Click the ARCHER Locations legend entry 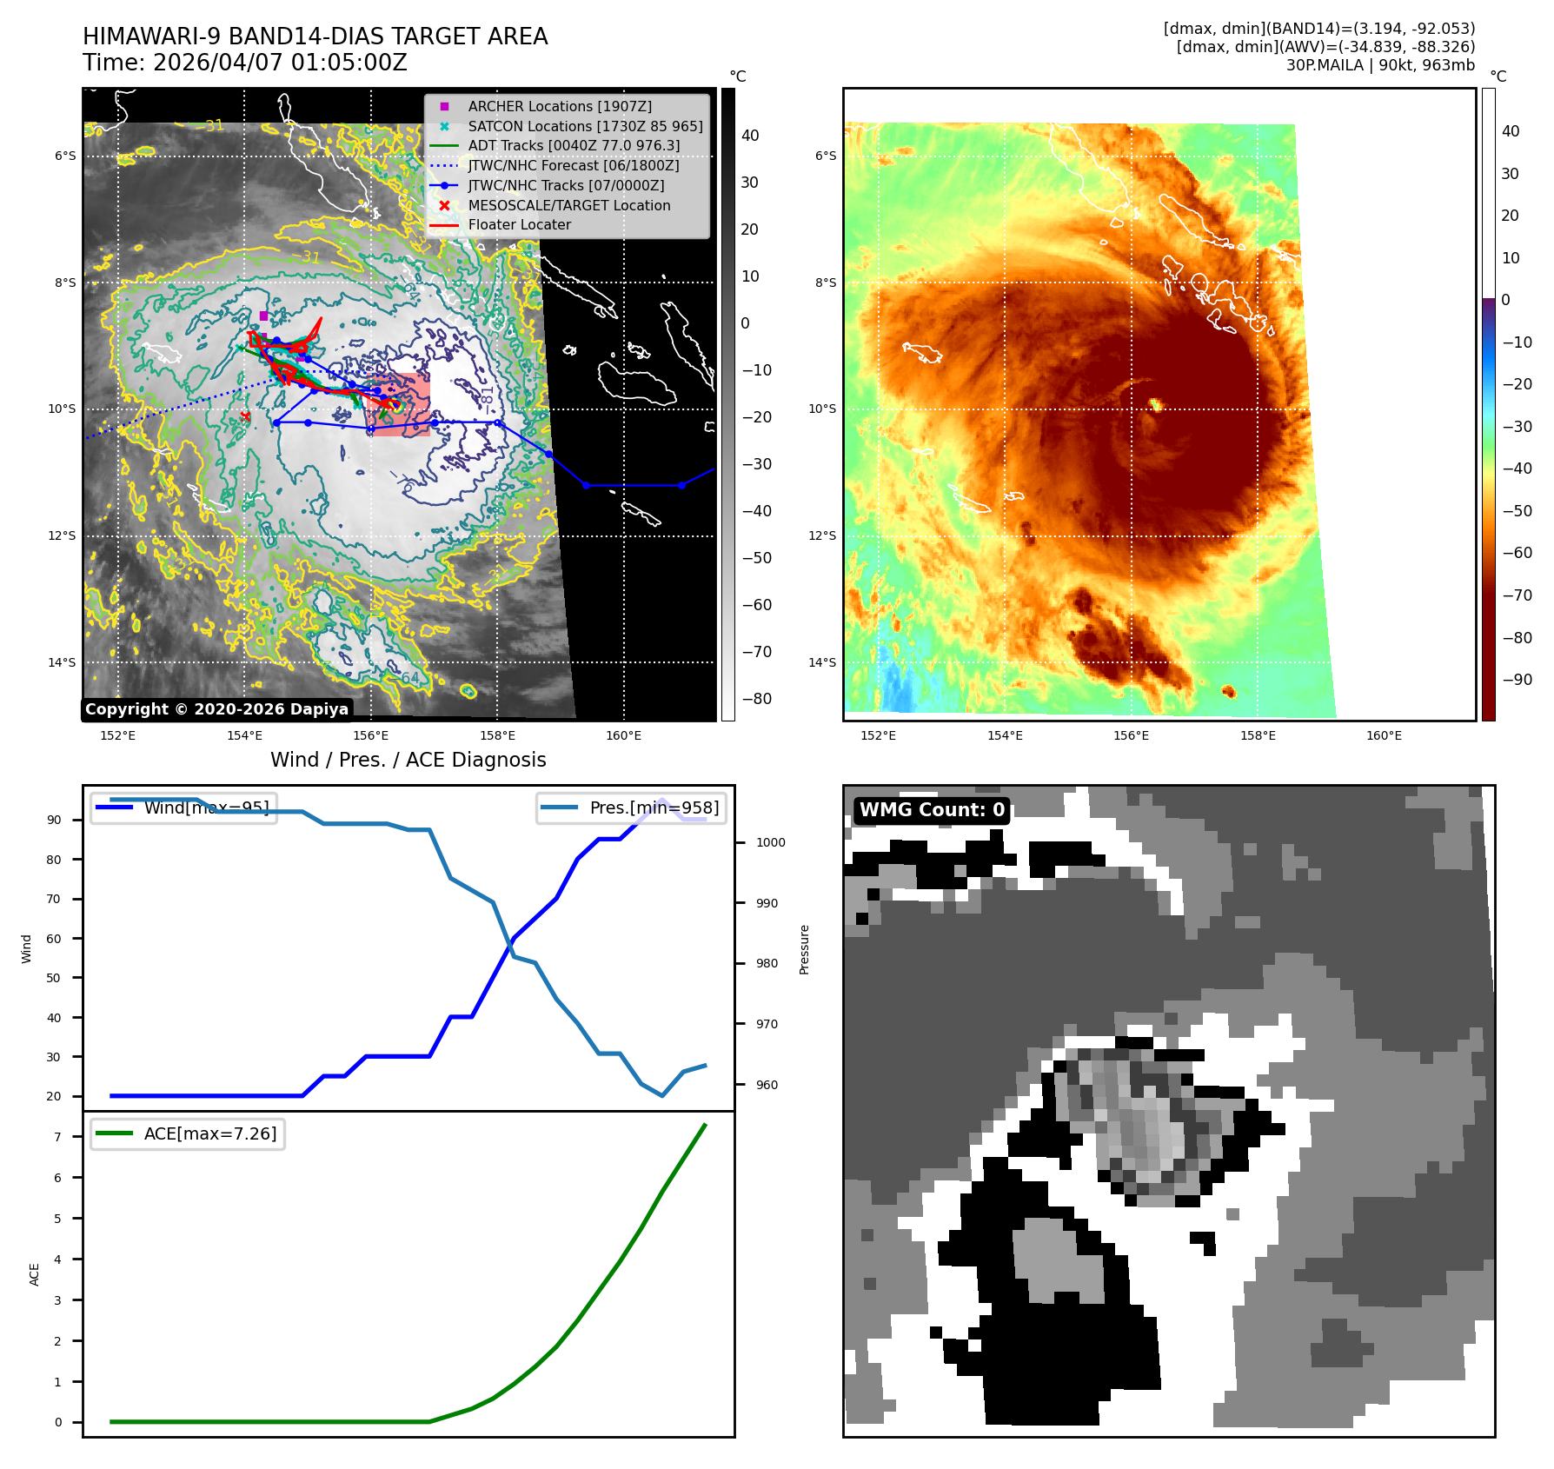coord(560,106)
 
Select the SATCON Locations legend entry coord(585,126)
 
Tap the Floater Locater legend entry coord(519,224)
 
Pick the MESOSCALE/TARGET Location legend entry coord(568,205)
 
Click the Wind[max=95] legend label coord(206,808)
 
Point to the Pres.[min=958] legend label coord(654,808)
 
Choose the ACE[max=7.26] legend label coord(209,1133)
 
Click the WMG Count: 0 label coord(931,810)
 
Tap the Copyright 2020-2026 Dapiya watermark coord(216,709)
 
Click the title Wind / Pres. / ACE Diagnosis coord(408,760)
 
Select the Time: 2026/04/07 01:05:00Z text coord(244,63)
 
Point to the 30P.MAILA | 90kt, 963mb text coord(1379,65)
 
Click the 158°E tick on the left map coord(497,735)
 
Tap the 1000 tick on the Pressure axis coord(770,842)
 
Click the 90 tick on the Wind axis coord(54,820)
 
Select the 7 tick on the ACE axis coord(57,1137)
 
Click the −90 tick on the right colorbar coord(1517,680)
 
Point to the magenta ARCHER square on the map coord(263,316)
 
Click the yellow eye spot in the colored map coord(1156,404)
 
